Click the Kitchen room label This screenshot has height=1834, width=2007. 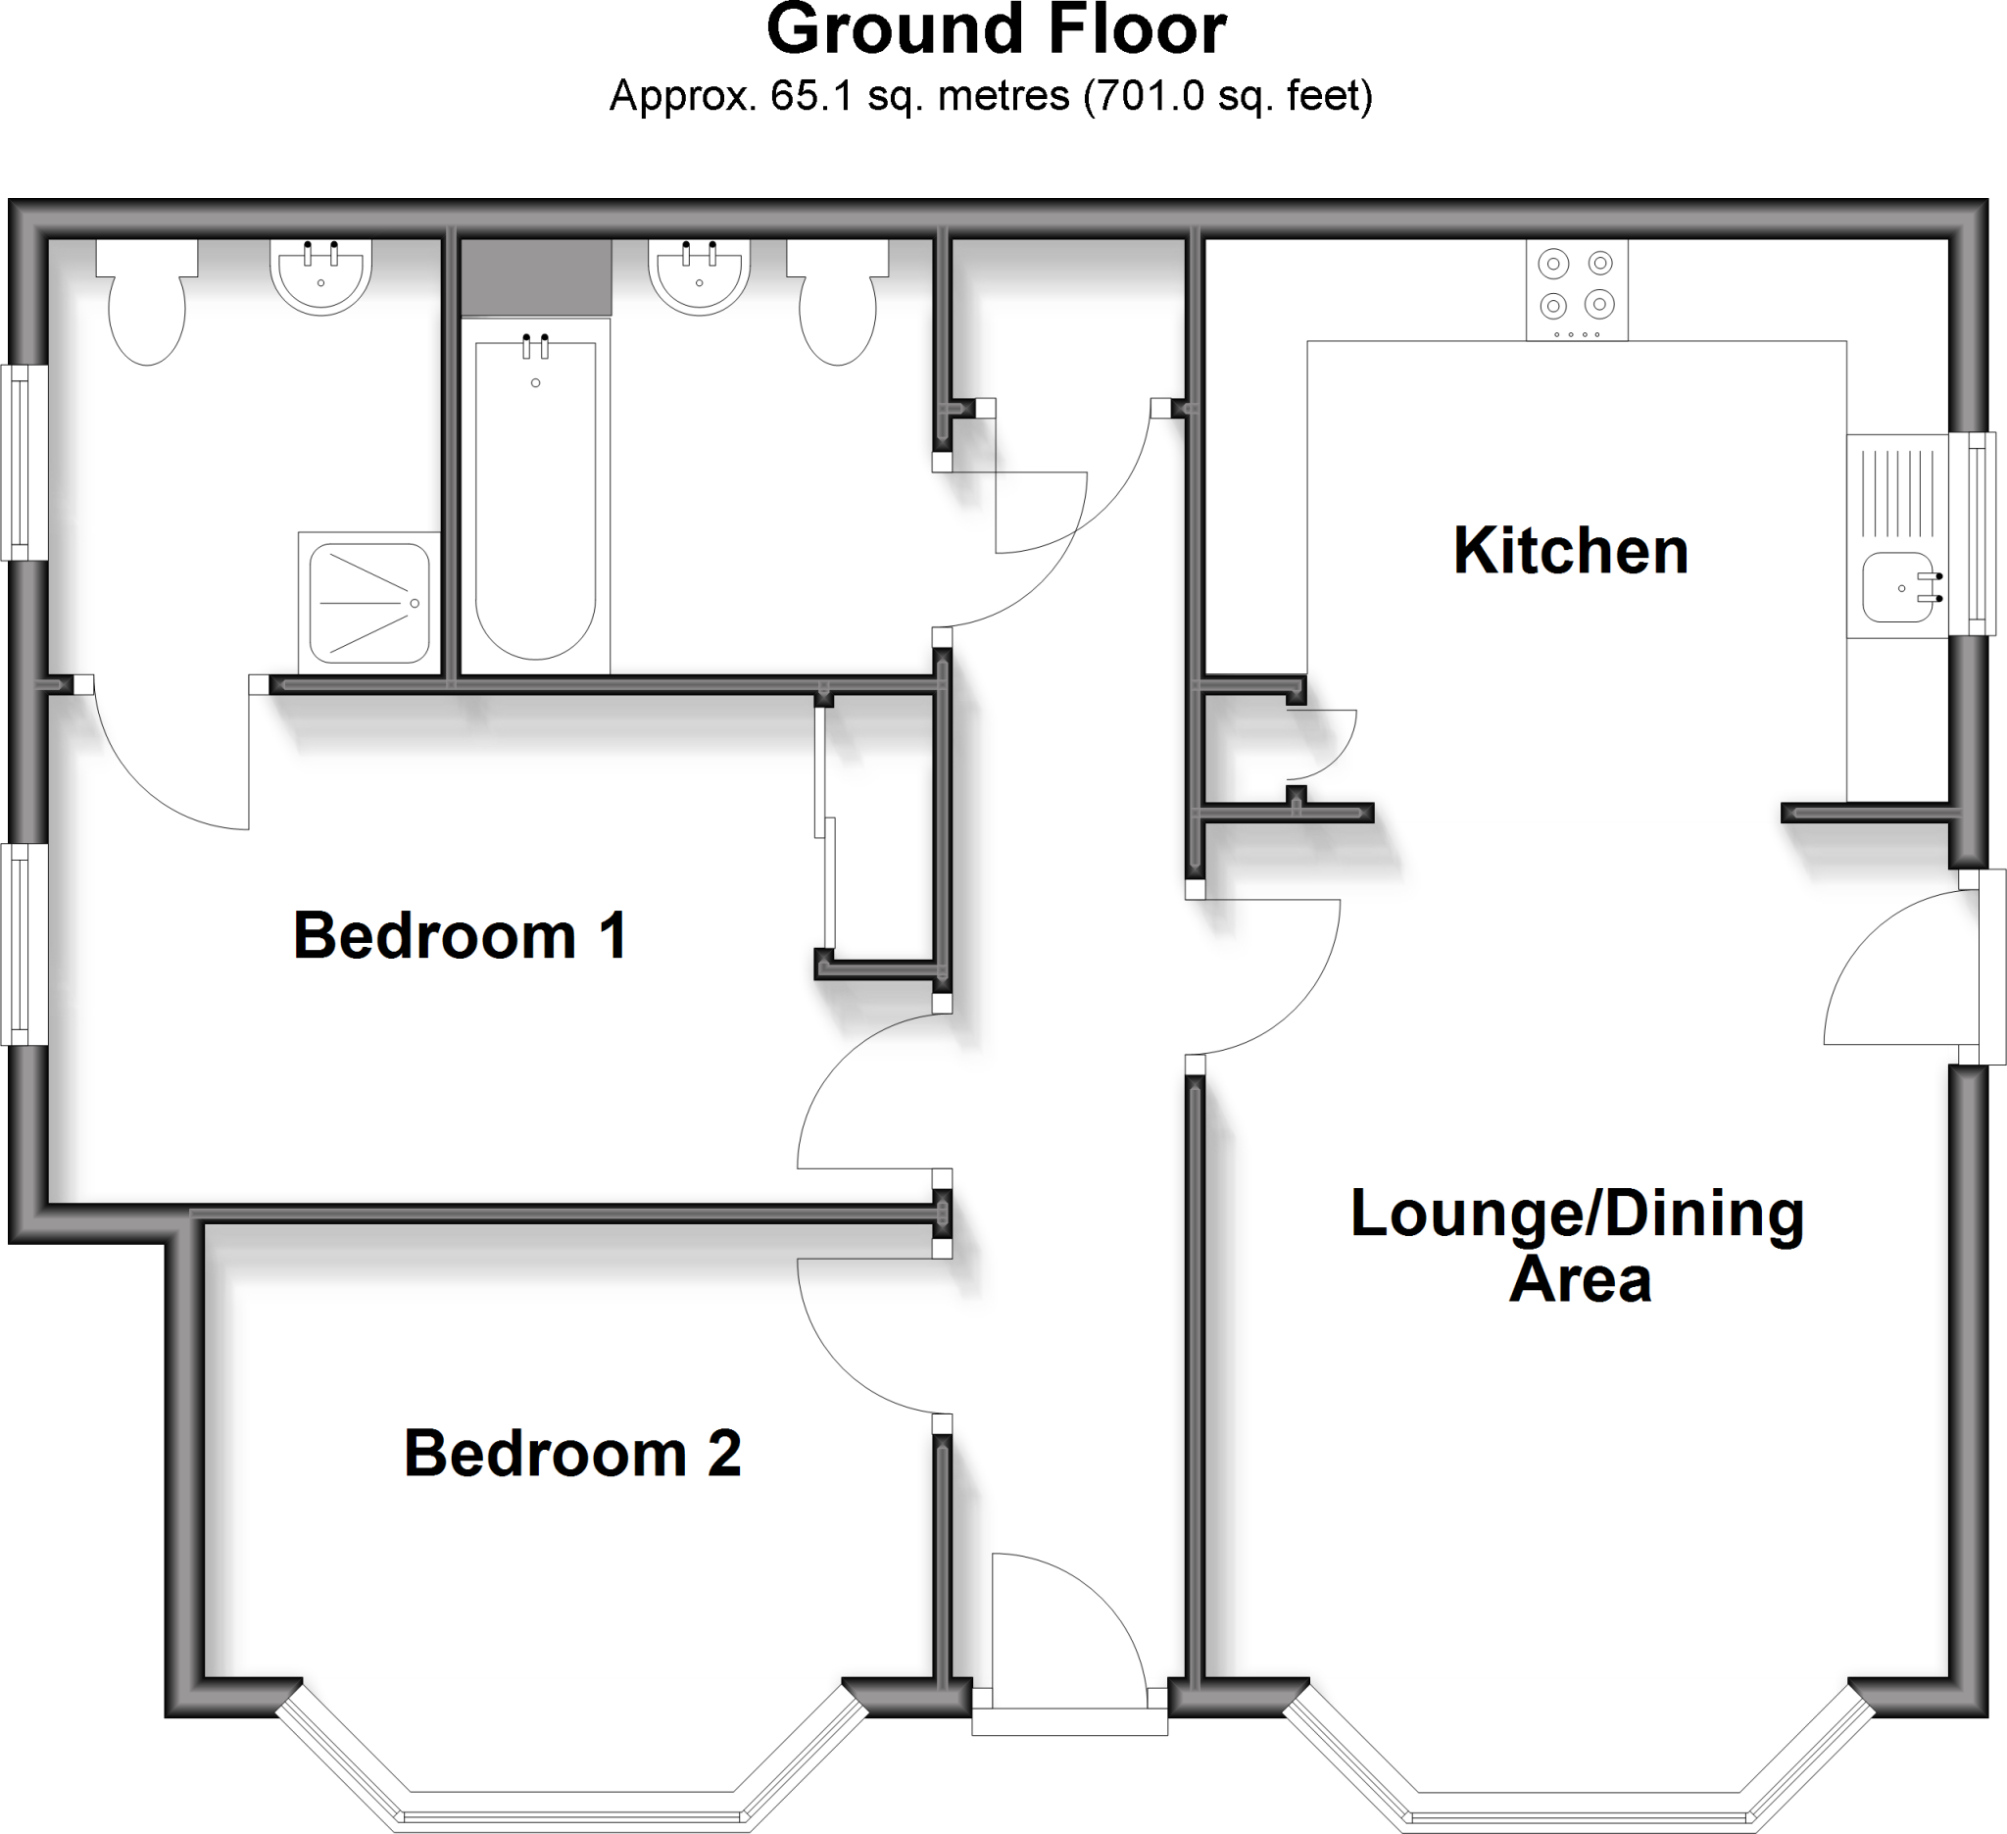pos(1570,551)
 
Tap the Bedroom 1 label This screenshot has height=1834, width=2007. pos(460,936)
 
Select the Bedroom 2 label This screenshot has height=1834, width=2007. pos(572,1454)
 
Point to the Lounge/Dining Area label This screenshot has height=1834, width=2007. pos(1578,1245)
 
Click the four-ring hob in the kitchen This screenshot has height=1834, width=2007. pos(1577,289)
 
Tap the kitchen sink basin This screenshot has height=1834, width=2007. pos(1897,587)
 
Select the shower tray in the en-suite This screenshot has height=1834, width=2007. pos(368,603)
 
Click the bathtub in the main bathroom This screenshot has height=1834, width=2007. pos(536,498)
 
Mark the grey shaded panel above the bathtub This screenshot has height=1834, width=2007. pos(536,277)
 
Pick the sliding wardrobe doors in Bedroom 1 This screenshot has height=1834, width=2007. pos(825,826)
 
